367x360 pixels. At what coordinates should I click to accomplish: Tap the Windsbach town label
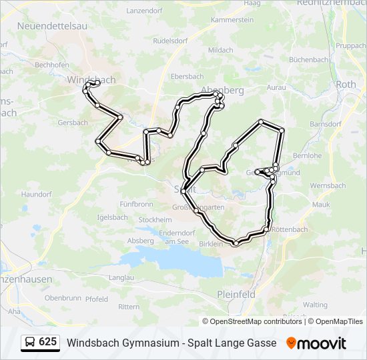tap(91, 79)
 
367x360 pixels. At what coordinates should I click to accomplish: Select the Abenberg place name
tap(226, 90)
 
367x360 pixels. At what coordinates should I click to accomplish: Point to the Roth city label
tap(346, 85)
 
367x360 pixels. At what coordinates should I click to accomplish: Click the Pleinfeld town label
tap(237, 294)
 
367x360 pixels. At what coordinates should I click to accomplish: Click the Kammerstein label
tap(232, 20)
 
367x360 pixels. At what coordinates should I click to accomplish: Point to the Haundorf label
tap(36, 194)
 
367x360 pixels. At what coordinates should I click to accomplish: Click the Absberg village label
tap(140, 241)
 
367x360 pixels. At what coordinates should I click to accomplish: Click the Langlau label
tap(121, 277)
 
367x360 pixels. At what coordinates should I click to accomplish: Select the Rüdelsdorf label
tap(169, 40)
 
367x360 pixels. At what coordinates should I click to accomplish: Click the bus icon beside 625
tap(30, 343)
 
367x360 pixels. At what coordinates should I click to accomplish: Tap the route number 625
tap(48, 343)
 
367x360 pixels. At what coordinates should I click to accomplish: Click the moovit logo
tap(317, 343)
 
